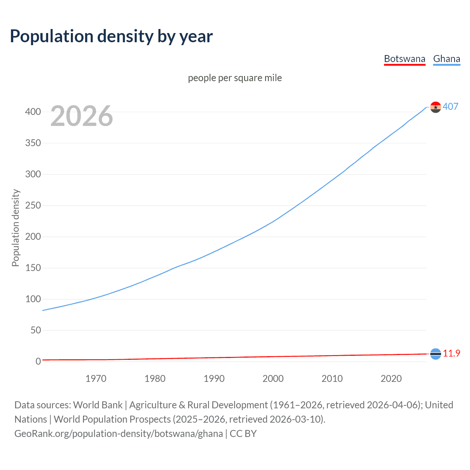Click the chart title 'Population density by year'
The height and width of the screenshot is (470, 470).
pyautogui.click(x=111, y=36)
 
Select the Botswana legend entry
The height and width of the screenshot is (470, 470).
pyautogui.click(x=404, y=59)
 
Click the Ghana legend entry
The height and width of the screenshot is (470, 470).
pyautogui.click(x=446, y=59)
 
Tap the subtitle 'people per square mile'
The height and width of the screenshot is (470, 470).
pyautogui.click(x=235, y=78)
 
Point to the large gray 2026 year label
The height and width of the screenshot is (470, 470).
pyautogui.click(x=82, y=116)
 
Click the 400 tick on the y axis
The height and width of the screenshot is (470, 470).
pyautogui.click(x=33, y=112)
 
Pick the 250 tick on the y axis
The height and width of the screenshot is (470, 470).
pyautogui.click(x=33, y=205)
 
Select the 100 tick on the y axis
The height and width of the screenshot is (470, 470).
pyautogui.click(x=33, y=299)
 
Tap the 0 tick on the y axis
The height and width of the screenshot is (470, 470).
pyautogui.click(x=38, y=361)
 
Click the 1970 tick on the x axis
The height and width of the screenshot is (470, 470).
pyautogui.click(x=96, y=379)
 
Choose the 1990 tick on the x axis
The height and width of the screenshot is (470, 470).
pyautogui.click(x=214, y=379)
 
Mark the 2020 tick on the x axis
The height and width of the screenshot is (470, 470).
pyautogui.click(x=391, y=379)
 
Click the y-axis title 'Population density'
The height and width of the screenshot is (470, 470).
pyautogui.click(x=15, y=228)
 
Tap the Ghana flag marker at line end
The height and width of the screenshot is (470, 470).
pyautogui.click(x=435, y=107)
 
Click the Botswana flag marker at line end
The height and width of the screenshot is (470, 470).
pyautogui.click(x=435, y=354)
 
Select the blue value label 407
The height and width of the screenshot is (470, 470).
pyautogui.click(x=451, y=106)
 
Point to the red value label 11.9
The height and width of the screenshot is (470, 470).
pyautogui.click(x=451, y=353)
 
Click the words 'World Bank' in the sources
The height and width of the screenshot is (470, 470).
pyautogui.click(x=98, y=405)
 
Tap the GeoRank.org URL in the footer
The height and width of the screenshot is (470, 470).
pyautogui.click(x=119, y=433)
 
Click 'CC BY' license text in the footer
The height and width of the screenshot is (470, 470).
pyautogui.click(x=243, y=433)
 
